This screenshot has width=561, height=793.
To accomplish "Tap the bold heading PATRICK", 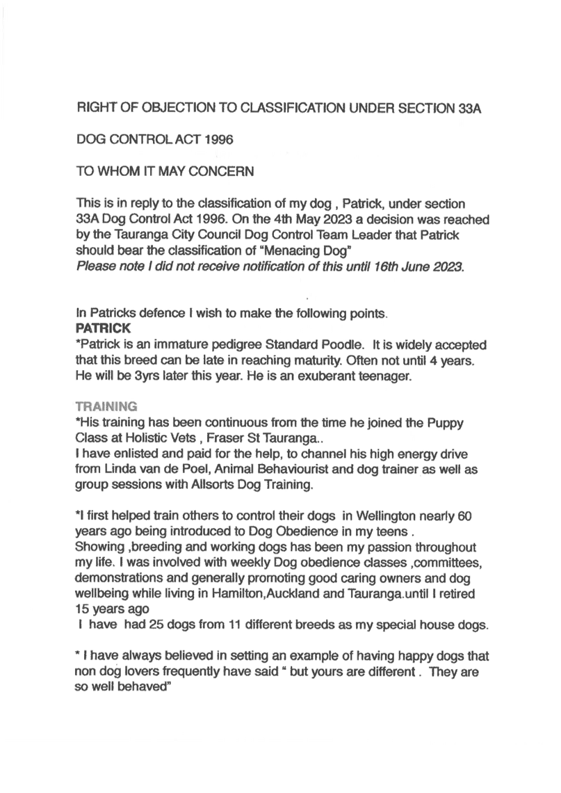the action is coord(103,328).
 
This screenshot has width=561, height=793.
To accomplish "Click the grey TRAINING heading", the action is coord(106,407).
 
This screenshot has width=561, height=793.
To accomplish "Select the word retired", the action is coord(457,594).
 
